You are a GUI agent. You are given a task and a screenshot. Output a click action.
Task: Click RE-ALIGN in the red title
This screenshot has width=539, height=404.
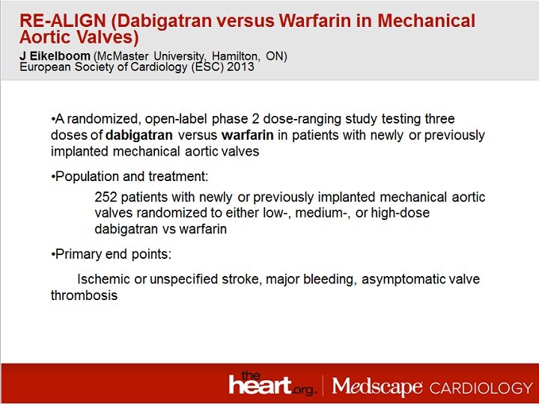pyautogui.click(x=63, y=21)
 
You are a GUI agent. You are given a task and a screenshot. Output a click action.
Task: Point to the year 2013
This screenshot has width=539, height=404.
pyautogui.click(x=240, y=67)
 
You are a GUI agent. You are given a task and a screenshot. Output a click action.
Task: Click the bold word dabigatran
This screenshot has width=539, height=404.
pyautogui.click(x=139, y=135)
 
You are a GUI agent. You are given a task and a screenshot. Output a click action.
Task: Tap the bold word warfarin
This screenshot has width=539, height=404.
pyautogui.click(x=248, y=135)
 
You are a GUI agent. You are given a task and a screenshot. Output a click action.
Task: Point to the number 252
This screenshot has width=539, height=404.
pyautogui.click(x=106, y=198)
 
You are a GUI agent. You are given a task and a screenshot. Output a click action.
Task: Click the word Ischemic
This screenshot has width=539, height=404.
pyautogui.click(x=104, y=279)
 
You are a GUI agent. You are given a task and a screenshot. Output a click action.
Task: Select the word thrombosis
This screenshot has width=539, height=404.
pyautogui.click(x=84, y=296)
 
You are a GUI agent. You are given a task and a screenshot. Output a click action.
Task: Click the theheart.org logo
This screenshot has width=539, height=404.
pyautogui.click(x=271, y=384)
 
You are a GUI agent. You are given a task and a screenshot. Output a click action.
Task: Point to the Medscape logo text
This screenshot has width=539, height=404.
pyautogui.click(x=377, y=387)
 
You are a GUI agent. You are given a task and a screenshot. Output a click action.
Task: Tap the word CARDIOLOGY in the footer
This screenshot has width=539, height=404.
pyautogui.click(x=481, y=388)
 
